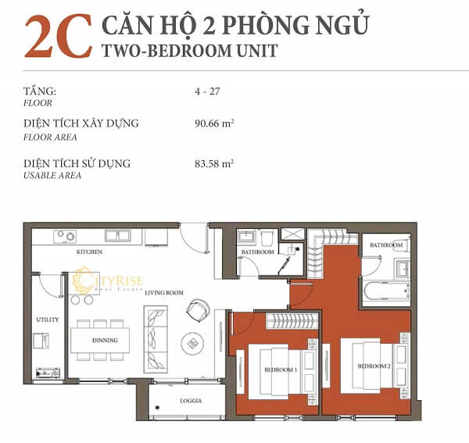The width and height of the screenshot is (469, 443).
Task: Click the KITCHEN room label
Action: pyautogui.click(x=90, y=252)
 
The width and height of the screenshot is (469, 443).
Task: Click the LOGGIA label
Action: pyautogui.click(x=190, y=401)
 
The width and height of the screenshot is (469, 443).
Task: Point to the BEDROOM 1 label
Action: pyautogui.click(x=279, y=370)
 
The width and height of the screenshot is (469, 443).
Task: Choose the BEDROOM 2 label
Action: pyautogui.click(x=374, y=366)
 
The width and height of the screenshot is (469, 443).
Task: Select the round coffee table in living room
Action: pyautogui.click(x=192, y=342)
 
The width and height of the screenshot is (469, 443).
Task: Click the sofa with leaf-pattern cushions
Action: pyautogui.click(x=156, y=338)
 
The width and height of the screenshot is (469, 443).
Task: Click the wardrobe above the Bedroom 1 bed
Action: pyautogui.click(x=292, y=319)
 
